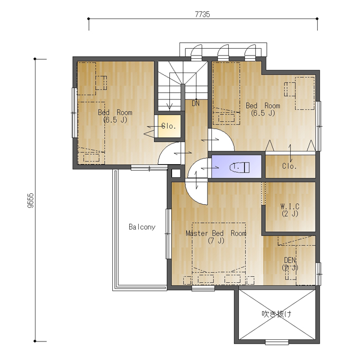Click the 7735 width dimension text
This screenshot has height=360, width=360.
point(202,14)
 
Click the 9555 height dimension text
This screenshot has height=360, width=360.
point(31,201)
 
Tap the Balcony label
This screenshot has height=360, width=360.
point(142,227)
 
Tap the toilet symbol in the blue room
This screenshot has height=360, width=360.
point(239,167)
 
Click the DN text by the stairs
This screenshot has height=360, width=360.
point(195,104)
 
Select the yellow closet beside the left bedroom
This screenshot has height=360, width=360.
point(169,126)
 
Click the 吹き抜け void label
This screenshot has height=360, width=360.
point(277,314)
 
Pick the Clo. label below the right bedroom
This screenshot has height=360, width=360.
point(289,166)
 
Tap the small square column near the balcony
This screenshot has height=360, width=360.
point(176,173)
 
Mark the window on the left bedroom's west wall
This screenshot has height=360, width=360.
point(75,113)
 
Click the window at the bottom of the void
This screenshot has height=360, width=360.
point(277,343)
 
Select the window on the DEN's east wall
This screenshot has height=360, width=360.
point(319,274)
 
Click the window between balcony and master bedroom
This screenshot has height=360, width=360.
point(168,233)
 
